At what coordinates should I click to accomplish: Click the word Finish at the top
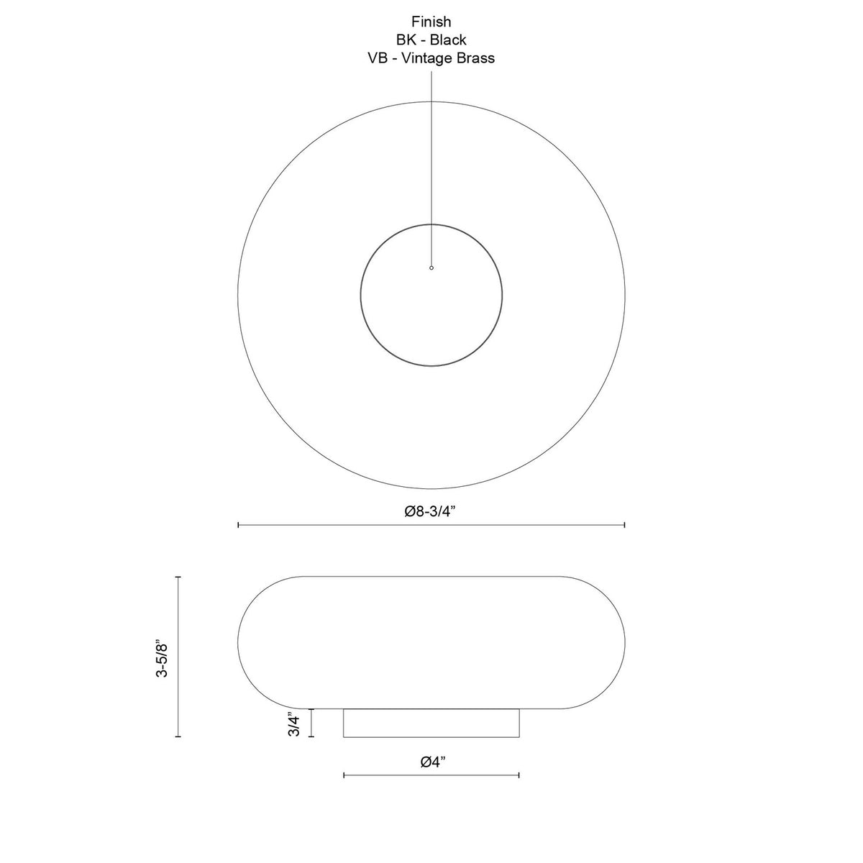pos(431,22)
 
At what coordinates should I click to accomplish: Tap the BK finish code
pos(406,40)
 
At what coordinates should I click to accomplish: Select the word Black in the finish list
pos(448,40)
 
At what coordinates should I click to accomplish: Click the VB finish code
pos(378,58)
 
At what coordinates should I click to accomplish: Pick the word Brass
pos(476,58)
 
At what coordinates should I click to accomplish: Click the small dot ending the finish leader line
pos(431,268)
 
